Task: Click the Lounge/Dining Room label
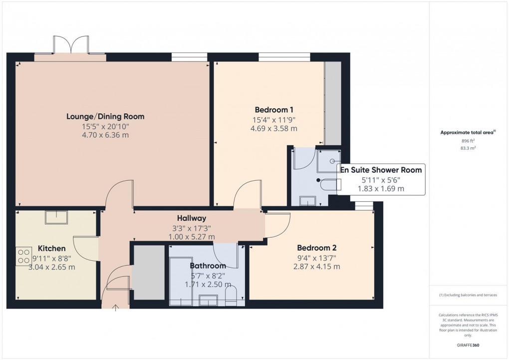(105, 116)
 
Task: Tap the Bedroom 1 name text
(274, 110)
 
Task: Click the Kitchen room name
(51, 248)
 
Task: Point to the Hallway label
(191, 218)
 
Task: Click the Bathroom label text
(208, 266)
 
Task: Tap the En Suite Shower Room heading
(381, 170)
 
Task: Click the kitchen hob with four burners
(23, 256)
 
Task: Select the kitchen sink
(56, 217)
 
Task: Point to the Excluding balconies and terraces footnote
(468, 295)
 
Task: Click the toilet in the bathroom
(231, 295)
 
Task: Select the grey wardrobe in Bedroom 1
(333, 103)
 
